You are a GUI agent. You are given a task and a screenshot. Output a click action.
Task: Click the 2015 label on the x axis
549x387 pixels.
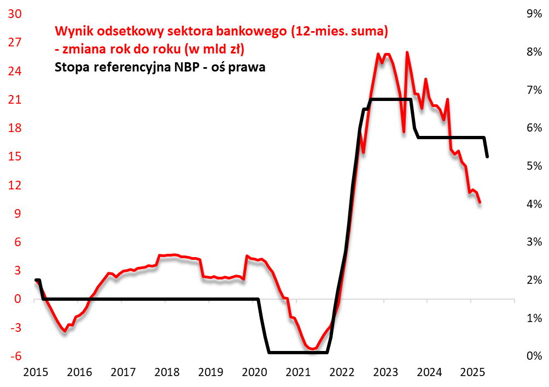[36, 373]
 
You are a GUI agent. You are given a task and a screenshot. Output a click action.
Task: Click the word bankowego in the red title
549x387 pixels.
[252, 31]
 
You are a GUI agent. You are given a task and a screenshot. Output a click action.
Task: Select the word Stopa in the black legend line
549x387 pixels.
[72, 68]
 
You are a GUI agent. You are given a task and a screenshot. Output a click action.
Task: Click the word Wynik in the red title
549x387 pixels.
[72, 31]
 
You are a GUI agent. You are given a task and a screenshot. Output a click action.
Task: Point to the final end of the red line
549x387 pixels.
[480, 203]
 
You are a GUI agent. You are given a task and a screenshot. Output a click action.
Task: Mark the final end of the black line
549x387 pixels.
[487, 157]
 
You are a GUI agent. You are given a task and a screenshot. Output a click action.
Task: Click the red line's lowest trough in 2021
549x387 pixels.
[312, 349]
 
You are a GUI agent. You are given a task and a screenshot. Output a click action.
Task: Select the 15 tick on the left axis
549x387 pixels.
[14, 157]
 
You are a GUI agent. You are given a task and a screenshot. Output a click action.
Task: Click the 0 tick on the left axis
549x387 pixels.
[18, 299]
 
